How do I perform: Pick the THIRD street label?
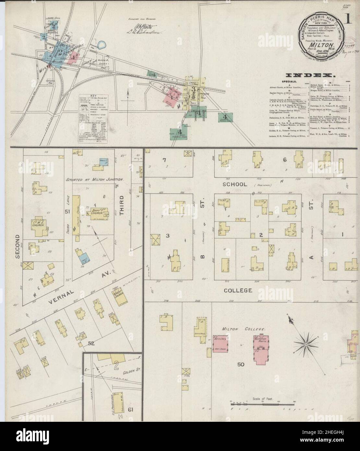click(122, 208)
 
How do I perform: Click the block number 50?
click(240, 364)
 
